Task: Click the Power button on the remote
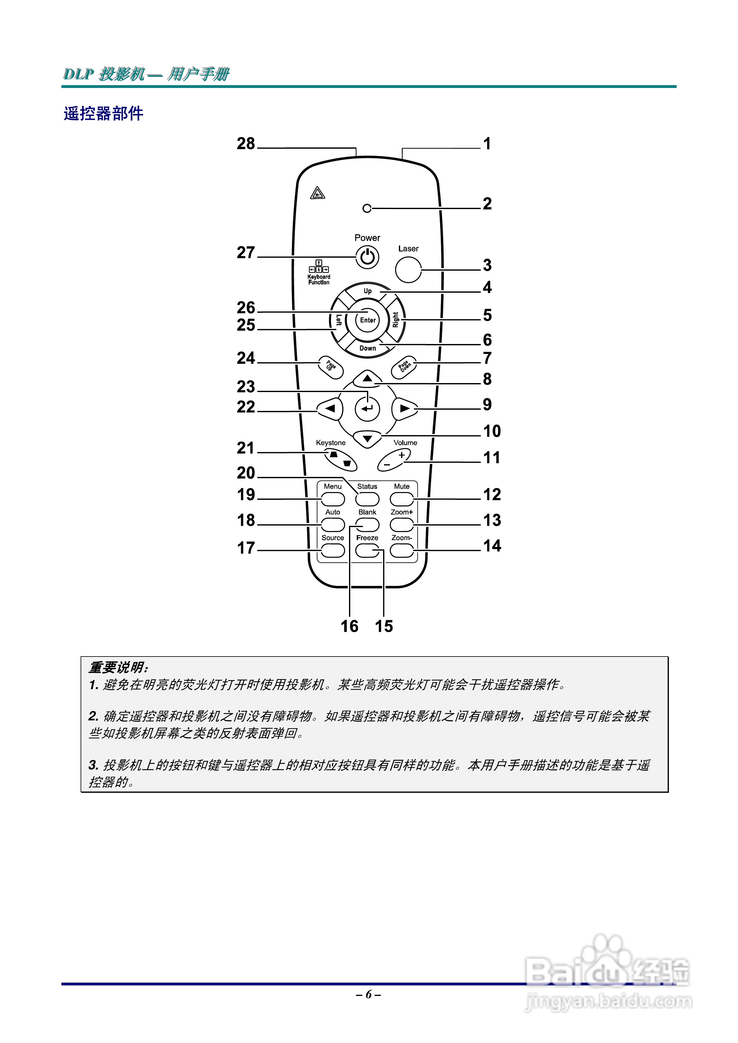point(367,257)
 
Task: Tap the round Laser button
point(408,269)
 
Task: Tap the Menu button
point(333,499)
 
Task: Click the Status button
point(367,499)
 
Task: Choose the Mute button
point(401,499)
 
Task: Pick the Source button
point(333,550)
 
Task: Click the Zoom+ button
point(401,525)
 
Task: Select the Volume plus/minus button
point(394,460)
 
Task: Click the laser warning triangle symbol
point(317,194)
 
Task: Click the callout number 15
point(384,626)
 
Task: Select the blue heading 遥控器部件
point(104,114)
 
